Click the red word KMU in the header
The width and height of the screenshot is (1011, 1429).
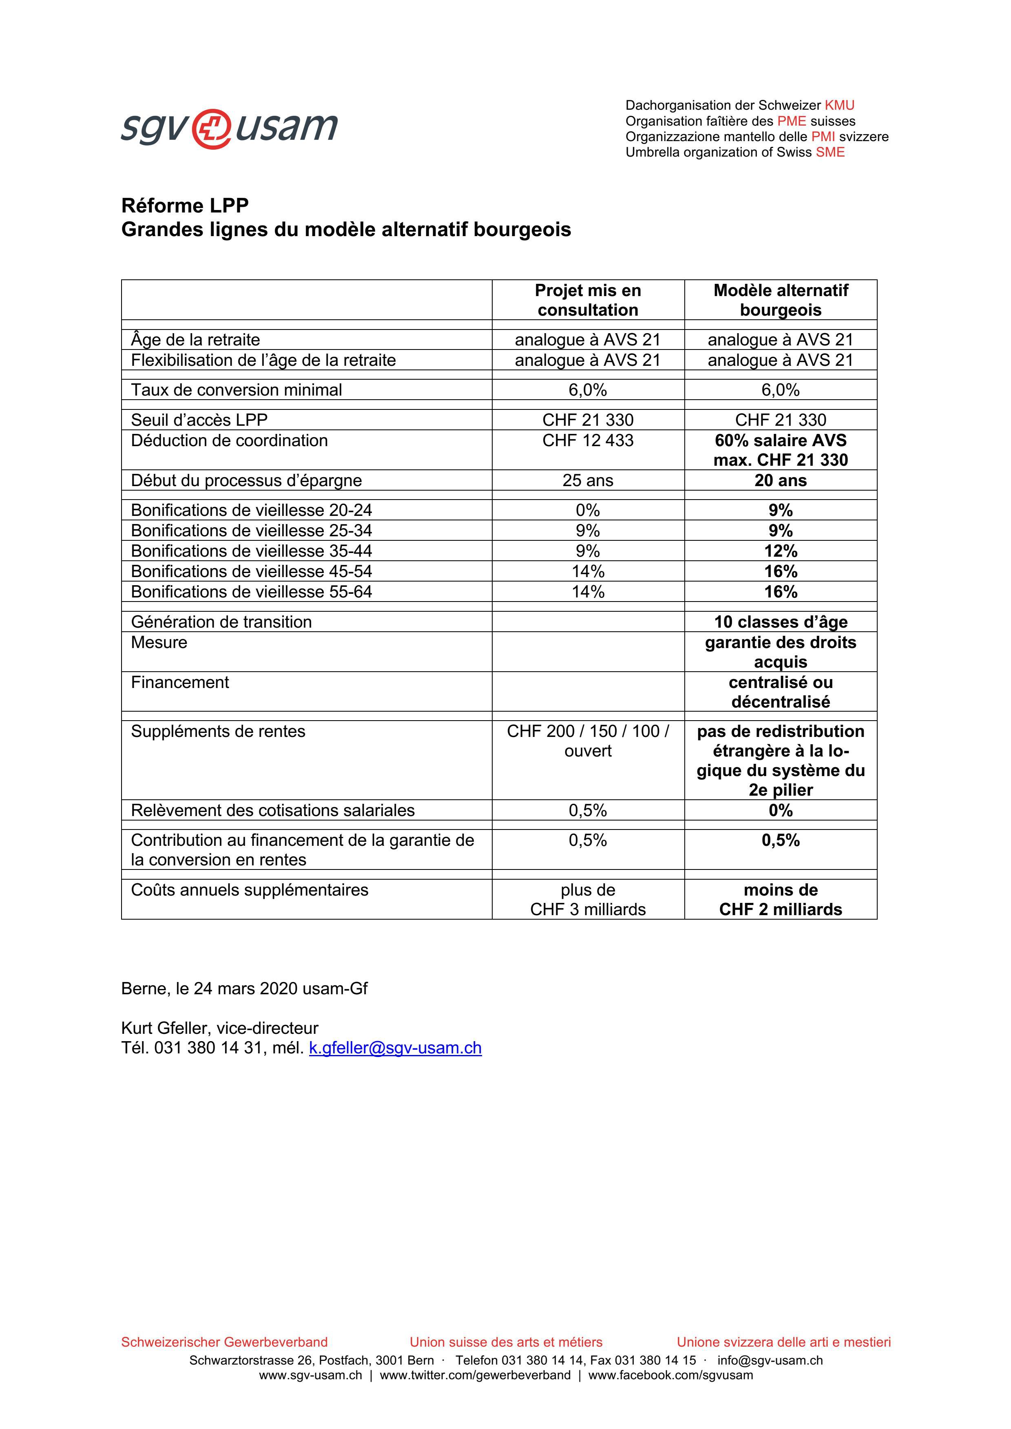839,105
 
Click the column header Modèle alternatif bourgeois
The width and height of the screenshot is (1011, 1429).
780,300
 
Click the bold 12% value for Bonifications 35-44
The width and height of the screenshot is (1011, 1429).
780,551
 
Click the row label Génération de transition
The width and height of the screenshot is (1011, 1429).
221,622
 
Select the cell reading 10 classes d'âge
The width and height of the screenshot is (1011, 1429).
780,622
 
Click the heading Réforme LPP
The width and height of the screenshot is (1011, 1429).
185,206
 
